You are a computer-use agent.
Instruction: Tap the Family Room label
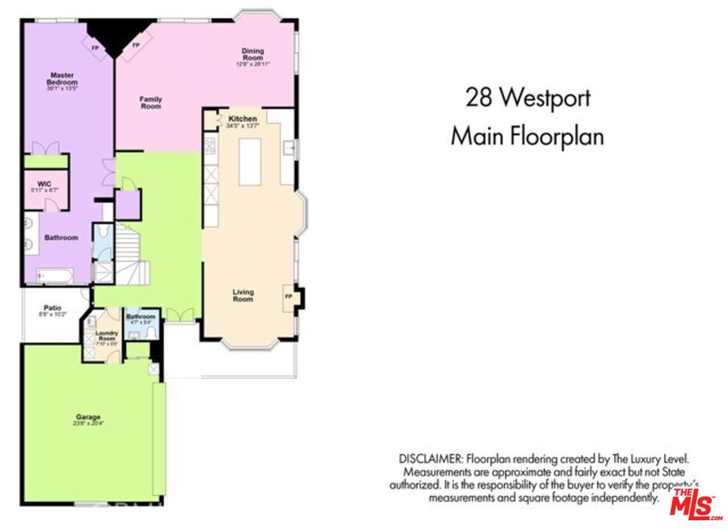pos(151,102)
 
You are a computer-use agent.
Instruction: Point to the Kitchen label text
pos(242,119)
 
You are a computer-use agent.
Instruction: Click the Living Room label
pos(243,295)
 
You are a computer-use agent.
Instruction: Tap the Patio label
pos(52,308)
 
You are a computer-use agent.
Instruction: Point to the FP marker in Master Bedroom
pos(95,48)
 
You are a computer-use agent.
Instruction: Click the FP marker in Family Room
pos(136,45)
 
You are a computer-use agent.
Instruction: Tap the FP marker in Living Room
pos(288,296)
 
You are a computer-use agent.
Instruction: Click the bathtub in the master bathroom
pos(55,276)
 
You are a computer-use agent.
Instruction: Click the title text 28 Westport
pos(527,97)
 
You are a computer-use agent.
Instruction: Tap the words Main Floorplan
pos(527,137)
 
